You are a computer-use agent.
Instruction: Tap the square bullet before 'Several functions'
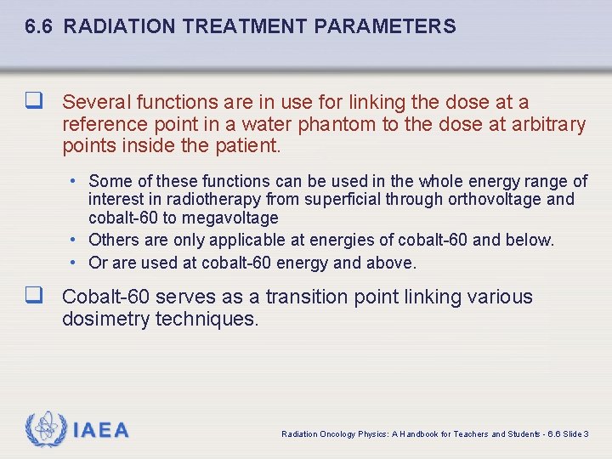click(x=35, y=102)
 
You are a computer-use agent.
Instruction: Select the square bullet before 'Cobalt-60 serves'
click(x=35, y=297)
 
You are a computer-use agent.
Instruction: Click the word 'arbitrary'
click(x=547, y=124)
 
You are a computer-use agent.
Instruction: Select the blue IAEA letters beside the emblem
click(x=100, y=430)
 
